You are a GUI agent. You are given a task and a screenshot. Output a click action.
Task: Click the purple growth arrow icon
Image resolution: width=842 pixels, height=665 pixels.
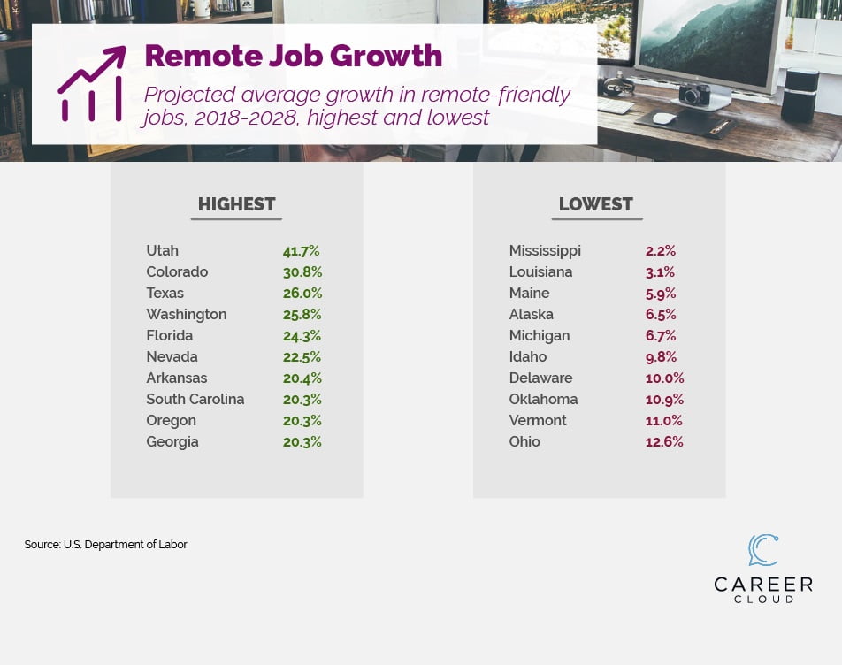[x=92, y=84]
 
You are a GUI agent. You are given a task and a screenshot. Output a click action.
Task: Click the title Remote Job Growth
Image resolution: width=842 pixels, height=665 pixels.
[x=293, y=56]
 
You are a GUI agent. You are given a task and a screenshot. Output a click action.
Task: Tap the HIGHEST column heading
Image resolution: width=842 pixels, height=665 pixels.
[x=236, y=204]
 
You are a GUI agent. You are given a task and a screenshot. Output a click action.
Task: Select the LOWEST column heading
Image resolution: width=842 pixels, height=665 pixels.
[x=595, y=204]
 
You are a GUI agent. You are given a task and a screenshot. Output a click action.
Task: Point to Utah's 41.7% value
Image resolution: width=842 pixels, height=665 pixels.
[x=301, y=251]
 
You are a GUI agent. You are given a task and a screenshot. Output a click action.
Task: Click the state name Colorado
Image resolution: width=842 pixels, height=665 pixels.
[x=177, y=272]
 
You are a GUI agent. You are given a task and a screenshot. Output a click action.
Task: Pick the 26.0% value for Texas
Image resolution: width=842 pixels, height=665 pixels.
[x=302, y=294]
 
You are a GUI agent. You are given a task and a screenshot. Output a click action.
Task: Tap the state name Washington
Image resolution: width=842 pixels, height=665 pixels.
[x=186, y=315]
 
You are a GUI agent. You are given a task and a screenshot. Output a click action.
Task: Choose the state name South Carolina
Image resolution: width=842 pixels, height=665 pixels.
[x=195, y=400]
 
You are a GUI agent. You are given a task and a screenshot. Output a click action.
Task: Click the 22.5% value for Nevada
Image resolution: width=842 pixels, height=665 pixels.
[x=302, y=357]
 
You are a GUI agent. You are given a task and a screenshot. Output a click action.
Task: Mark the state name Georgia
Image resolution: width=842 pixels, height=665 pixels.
[x=172, y=442]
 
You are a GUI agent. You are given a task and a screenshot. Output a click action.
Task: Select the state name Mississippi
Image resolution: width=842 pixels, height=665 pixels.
[x=545, y=251]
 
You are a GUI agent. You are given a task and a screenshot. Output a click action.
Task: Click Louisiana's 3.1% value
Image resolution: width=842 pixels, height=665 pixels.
[x=660, y=272]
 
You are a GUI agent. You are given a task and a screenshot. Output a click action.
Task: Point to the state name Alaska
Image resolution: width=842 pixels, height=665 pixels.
[x=531, y=315]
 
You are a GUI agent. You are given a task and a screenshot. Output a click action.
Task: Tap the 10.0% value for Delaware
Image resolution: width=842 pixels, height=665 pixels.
[x=664, y=378]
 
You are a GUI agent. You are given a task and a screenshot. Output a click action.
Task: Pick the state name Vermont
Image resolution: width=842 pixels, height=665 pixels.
[x=538, y=421]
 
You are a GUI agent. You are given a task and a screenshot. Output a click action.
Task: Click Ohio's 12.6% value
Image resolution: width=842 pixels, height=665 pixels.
[x=664, y=442]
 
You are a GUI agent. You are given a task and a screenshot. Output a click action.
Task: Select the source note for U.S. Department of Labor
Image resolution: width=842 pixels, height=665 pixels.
[x=105, y=545]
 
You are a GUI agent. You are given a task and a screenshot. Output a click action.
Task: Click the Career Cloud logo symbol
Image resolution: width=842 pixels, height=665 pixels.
[x=762, y=550]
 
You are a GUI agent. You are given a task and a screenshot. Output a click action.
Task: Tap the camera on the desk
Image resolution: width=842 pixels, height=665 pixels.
[x=694, y=94]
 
